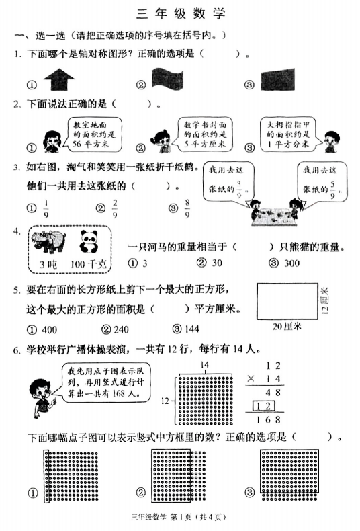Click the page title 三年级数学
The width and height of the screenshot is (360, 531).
[181, 13]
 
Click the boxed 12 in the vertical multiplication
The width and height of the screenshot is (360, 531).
[267, 406]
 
